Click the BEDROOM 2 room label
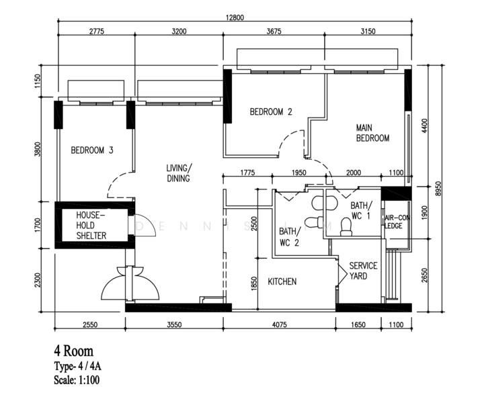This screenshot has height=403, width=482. pos(271,111)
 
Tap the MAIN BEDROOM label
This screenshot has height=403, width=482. pos(372,133)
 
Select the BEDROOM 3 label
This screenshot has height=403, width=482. pos(92,150)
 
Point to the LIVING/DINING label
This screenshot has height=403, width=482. pos(179,173)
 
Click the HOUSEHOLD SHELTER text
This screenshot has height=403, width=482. pos(91,225)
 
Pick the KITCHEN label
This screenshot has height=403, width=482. pos(282,281)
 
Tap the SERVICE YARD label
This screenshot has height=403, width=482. pos(363,271)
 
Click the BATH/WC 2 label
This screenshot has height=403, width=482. pos(289,237)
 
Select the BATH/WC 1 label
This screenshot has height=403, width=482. pos(361,210)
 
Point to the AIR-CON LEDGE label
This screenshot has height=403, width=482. pos(397,222)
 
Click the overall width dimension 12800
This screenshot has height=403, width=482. pos(235,17)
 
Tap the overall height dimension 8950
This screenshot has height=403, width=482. pos(438,189)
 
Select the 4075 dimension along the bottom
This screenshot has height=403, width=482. pos(279,324)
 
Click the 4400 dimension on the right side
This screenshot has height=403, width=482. pos(424,126)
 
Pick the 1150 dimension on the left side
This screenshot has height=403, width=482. pos(38,81)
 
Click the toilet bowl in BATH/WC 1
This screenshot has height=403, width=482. pos(346,227)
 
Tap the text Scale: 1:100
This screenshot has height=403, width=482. pos(77,380)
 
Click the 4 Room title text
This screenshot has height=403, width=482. pos(73,351)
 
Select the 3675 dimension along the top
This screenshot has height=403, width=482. pos(274,32)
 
